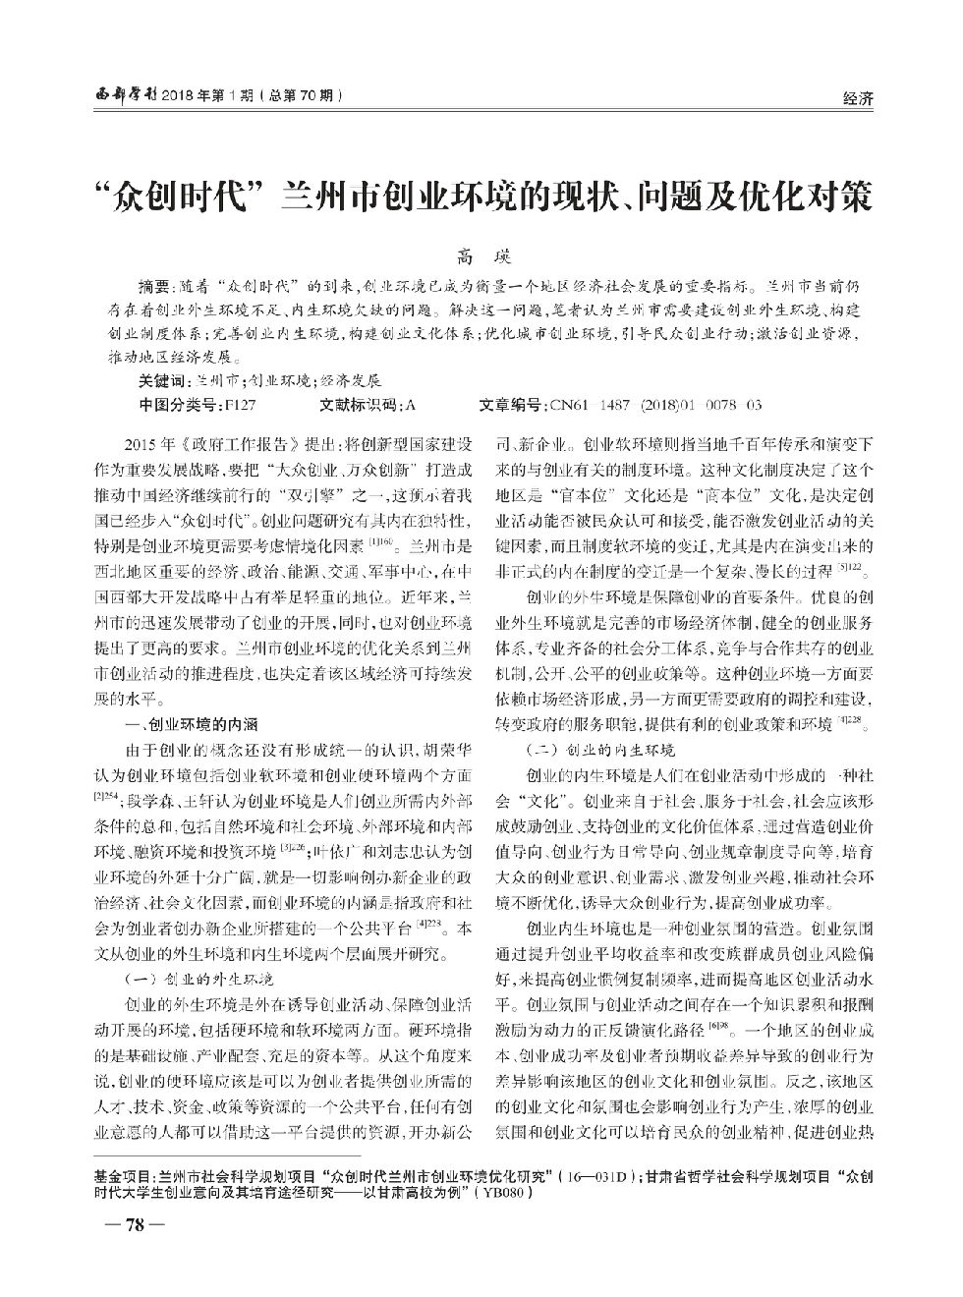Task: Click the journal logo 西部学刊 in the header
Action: tap(119, 95)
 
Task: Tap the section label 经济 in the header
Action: tap(859, 97)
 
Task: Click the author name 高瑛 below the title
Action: tap(481, 258)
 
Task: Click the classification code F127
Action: tap(240, 404)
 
